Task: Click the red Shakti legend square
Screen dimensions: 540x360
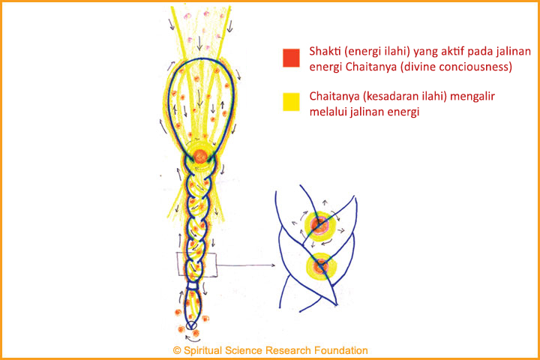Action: [x=291, y=58]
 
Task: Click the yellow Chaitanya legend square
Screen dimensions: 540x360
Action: [x=291, y=102]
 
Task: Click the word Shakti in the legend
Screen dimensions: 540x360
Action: [x=322, y=51]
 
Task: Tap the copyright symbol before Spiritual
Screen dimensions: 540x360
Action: [x=177, y=351]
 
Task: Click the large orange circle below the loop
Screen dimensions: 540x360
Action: [x=200, y=156]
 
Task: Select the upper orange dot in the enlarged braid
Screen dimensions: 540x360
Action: [x=320, y=224]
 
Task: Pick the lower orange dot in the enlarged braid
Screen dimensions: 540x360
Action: [x=321, y=266]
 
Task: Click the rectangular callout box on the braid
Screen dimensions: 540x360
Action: [x=196, y=264]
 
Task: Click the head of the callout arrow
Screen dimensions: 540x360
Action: [x=273, y=265]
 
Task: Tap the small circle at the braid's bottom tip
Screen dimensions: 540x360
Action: [x=191, y=325]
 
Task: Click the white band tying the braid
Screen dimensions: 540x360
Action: [x=192, y=286]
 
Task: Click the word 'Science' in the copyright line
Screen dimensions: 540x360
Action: [x=244, y=351]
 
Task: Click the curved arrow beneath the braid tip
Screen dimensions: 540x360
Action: [x=190, y=339]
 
